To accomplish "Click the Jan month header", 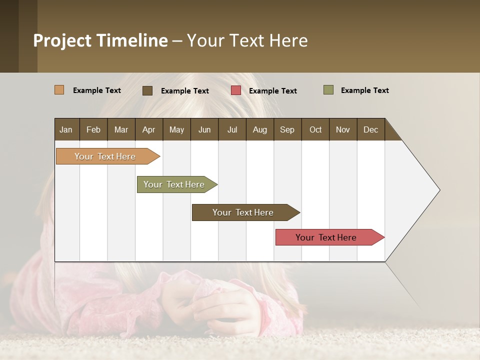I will click(x=66, y=129).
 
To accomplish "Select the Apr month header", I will click(x=148, y=129).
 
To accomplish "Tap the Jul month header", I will click(x=232, y=129).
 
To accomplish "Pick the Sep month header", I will click(x=287, y=129).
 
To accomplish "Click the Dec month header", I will click(x=370, y=129).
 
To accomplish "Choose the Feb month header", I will click(x=93, y=129).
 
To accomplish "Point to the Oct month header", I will click(x=315, y=129).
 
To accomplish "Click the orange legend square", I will click(x=59, y=90).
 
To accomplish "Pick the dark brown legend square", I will click(x=147, y=90).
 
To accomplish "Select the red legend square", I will click(x=236, y=90).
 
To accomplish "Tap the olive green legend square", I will click(x=328, y=90).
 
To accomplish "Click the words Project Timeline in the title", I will click(x=100, y=40).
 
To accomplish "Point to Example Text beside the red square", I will click(x=272, y=91).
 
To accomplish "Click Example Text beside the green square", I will click(x=364, y=90).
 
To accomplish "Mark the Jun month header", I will click(x=204, y=129).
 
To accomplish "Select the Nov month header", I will click(x=343, y=129).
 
